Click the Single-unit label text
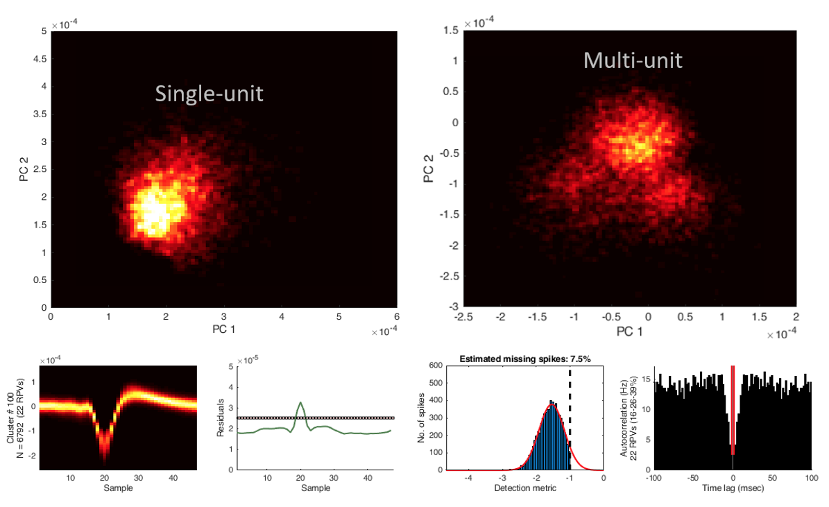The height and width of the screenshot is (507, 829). [x=209, y=93]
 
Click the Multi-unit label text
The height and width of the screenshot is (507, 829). [x=633, y=60]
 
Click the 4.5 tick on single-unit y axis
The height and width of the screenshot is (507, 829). [x=39, y=60]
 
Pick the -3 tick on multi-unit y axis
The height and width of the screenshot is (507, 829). [x=452, y=307]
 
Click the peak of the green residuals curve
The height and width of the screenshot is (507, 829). [x=300, y=402]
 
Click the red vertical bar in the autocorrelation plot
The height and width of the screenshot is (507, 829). [x=733, y=409]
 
